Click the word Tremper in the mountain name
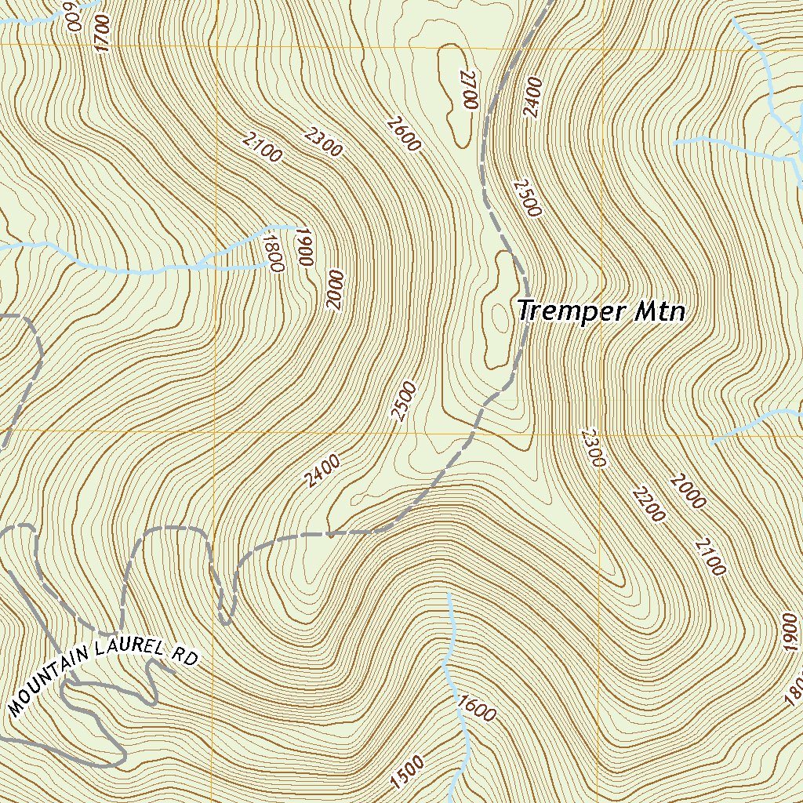coord(563,311)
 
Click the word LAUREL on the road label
coord(128,648)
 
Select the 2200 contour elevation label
coord(649,504)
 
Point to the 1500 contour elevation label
coord(407,772)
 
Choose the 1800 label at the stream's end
coord(272,253)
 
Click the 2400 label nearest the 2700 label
coord(532,96)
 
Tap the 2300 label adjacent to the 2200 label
coord(594,448)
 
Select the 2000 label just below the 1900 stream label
coord(336,290)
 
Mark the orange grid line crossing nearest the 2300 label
coord(603,431)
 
